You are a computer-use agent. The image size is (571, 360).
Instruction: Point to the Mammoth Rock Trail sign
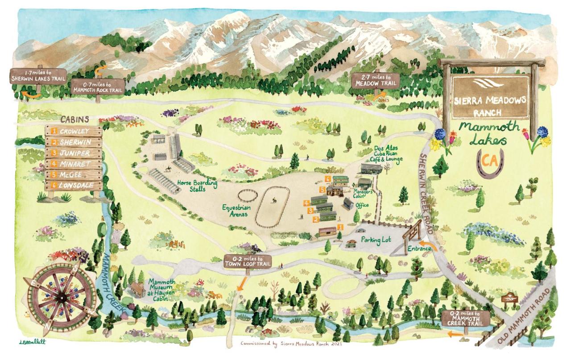(x=97, y=85)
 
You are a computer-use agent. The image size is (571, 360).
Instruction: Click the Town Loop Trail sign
(x=248, y=262)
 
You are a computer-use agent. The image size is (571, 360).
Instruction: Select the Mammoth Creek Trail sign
(x=466, y=317)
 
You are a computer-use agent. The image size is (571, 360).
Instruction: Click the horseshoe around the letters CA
(x=490, y=163)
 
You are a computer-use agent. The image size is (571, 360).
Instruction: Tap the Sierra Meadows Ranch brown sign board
(x=491, y=96)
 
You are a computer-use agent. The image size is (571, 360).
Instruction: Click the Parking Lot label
(x=376, y=240)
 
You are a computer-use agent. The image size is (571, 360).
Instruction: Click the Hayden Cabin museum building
(x=137, y=290)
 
